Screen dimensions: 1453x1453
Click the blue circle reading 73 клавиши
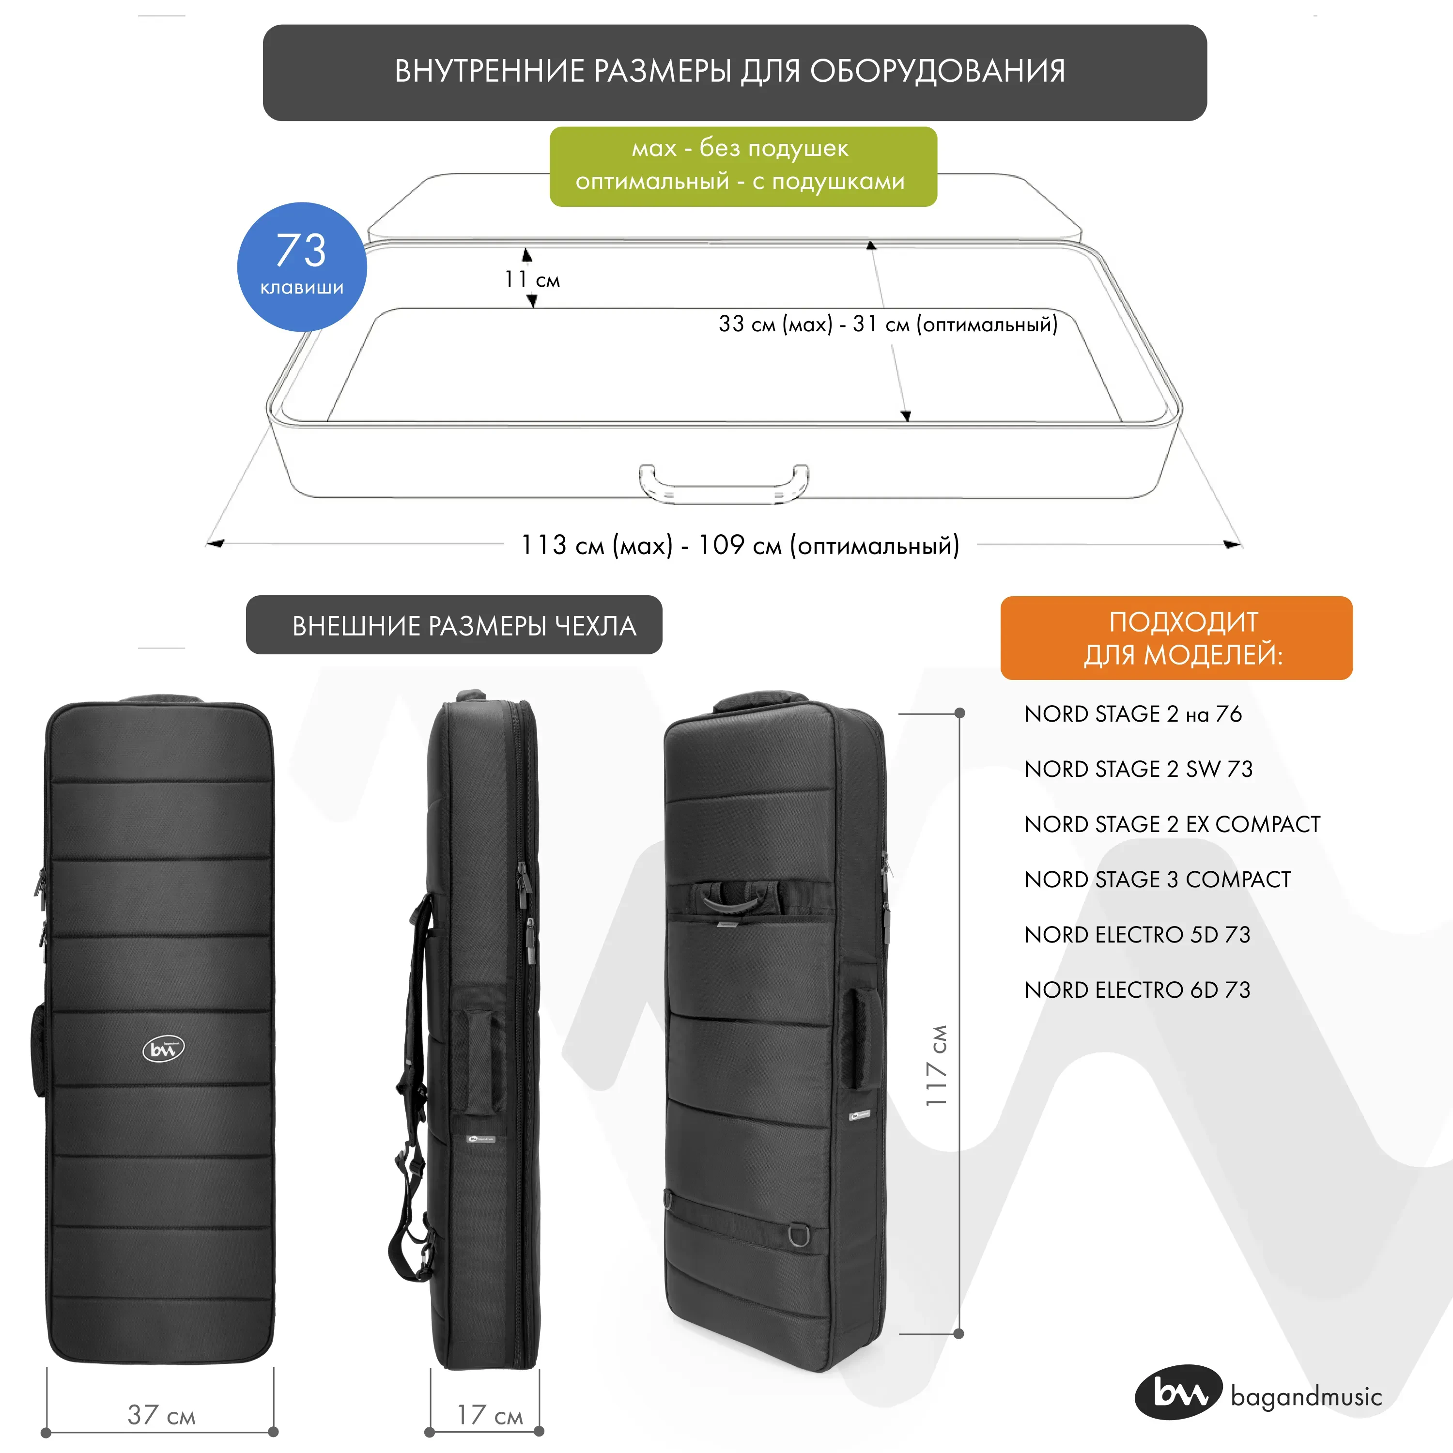(x=302, y=266)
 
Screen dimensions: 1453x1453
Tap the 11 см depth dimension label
(x=532, y=280)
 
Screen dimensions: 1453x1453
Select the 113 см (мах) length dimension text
(x=740, y=545)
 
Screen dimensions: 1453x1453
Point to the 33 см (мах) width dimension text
(x=887, y=324)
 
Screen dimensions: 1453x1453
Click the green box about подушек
(x=743, y=166)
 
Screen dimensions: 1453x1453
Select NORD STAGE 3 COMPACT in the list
(x=1157, y=879)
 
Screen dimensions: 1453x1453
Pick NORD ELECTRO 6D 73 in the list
(x=1136, y=989)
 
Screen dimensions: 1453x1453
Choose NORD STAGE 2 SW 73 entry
(x=1138, y=769)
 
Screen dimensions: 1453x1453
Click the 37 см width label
(x=161, y=1415)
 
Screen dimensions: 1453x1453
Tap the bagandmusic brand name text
(x=1306, y=1397)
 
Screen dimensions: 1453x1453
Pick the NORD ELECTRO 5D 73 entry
(x=1136, y=934)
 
